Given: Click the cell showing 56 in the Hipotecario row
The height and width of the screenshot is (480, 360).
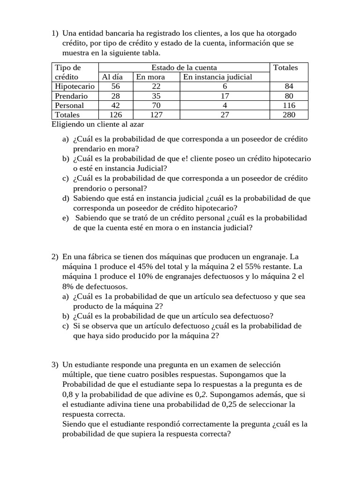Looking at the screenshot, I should (115, 86).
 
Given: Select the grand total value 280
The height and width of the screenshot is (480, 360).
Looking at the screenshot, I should (289, 114).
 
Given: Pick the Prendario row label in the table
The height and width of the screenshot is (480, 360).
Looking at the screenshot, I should (71, 96).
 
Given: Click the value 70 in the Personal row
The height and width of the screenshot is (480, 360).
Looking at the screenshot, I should (157, 105).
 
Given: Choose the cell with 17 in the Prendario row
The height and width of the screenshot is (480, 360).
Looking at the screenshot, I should (225, 96).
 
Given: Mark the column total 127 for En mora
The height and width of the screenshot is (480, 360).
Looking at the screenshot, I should (157, 114).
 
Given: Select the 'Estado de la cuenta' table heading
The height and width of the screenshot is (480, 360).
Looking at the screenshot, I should (184, 67).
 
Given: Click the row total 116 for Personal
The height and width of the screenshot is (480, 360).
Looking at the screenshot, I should (289, 105).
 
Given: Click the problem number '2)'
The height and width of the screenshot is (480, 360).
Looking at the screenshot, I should (55, 257).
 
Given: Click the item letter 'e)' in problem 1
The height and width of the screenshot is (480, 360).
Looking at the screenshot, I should (65, 218).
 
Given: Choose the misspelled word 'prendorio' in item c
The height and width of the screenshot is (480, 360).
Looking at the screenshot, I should (89, 188).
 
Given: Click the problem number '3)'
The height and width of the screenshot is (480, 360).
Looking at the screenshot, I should (55, 365).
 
